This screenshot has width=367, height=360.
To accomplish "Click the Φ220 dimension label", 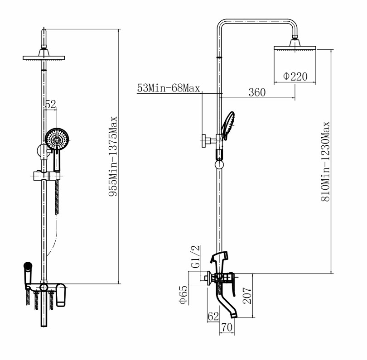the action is [295, 76].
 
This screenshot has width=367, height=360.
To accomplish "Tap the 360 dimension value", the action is [257, 92].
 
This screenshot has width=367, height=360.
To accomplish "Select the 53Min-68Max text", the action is [169, 88].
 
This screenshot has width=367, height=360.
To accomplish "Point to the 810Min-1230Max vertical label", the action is [325, 161].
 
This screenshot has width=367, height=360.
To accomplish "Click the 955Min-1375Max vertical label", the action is [113, 156].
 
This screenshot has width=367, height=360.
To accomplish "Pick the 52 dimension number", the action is [51, 104].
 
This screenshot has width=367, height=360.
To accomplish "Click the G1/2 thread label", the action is [196, 257].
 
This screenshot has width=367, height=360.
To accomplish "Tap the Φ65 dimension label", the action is [183, 295].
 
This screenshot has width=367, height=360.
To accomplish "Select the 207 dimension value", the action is [247, 296].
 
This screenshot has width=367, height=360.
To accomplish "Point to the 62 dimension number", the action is [213, 317].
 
